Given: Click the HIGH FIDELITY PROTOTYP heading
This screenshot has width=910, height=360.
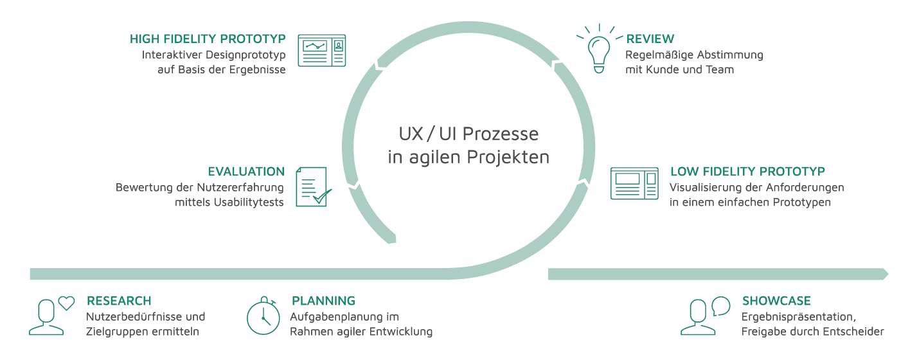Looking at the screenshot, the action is [x=208, y=39].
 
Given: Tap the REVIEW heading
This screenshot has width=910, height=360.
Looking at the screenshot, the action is [x=650, y=39].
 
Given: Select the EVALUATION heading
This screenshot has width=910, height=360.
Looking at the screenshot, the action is [x=246, y=172].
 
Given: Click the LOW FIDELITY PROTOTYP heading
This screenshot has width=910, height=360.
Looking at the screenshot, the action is [x=747, y=172].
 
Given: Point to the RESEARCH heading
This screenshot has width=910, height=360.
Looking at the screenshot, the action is [x=119, y=301].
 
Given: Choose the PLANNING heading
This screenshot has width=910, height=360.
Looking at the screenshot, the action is [x=323, y=301].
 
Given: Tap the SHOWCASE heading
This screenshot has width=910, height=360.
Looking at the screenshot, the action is [x=776, y=301].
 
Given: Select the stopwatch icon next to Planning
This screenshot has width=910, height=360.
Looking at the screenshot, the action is [x=263, y=316].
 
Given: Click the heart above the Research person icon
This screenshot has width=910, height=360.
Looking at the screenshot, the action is [x=67, y=303].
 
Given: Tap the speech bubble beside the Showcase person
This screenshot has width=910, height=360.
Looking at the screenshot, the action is [x=721, y=306].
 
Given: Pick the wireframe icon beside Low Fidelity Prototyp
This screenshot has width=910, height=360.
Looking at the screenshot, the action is [x=634, y=183].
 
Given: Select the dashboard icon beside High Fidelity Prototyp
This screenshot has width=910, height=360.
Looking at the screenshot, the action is [x=322, y=50].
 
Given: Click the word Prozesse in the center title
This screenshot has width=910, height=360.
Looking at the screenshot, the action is [x=501, y=134].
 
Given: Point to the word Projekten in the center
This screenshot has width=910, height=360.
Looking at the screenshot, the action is [x=508, y=157].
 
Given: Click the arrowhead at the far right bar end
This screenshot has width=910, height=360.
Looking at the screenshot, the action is [x=885, y=274].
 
